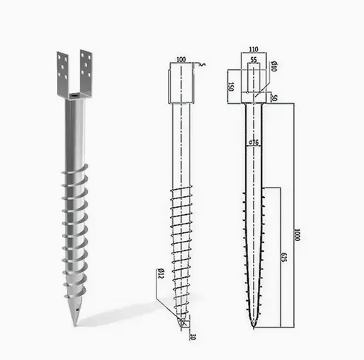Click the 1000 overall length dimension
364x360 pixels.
coord(297,234)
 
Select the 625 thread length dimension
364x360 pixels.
coord(284,258)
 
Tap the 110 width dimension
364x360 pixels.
coord(254,49)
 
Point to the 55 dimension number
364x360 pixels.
coord(254,59)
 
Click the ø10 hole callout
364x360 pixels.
coord(274,66)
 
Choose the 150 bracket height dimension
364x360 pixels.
coord(231,87)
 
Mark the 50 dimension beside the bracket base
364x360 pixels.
coord(274,98)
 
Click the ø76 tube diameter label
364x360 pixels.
coord(254,143)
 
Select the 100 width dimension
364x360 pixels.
coord(181,59)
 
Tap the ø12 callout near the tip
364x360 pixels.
coord(161,273)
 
